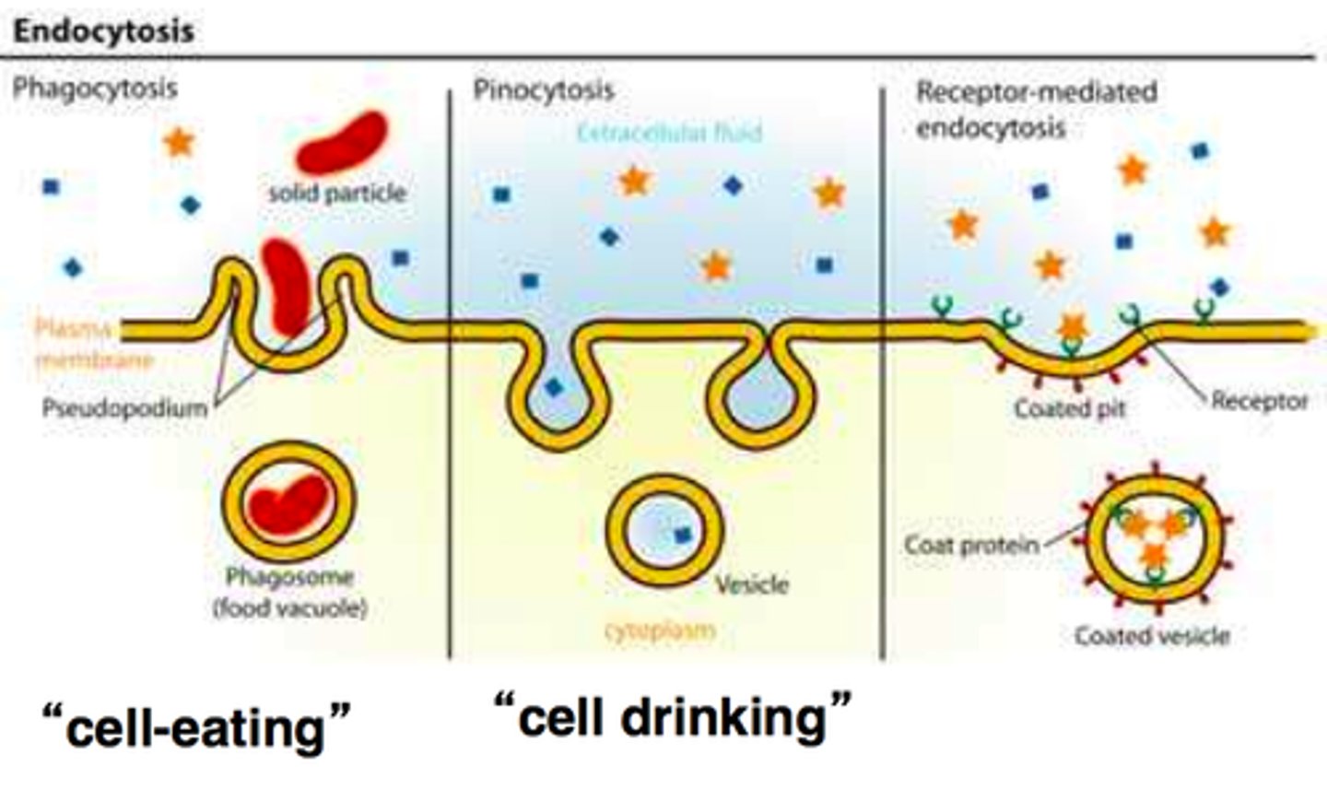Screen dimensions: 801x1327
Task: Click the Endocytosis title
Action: (x=103, y=30)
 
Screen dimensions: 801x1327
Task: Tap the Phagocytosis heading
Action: (x=94, y=88)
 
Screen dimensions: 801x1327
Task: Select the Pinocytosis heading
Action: (x=543, y=89)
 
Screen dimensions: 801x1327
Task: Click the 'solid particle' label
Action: (x=337, y=193)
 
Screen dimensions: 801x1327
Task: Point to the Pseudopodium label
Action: (x=124, y=407)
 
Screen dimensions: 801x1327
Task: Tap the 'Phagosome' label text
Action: (x=289, y=577)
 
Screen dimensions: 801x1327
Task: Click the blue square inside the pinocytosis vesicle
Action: (x=683, y=534)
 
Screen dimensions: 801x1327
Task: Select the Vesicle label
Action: (x=752, y=584)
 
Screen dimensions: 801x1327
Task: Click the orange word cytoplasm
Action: (x=660, y=631)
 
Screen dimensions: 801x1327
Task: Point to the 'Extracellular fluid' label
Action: (x=669, y=133)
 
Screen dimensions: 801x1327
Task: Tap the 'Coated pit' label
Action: (x=1069, y=407)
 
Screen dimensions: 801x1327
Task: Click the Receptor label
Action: (x=1259, y=401)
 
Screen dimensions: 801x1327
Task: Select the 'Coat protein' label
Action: (x=971, y=545)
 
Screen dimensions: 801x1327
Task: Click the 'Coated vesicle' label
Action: (x=1152, y=636)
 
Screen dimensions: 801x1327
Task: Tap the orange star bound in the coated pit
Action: (x=1071, y=326)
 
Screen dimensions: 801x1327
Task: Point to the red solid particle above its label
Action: (x=342, y=143)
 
